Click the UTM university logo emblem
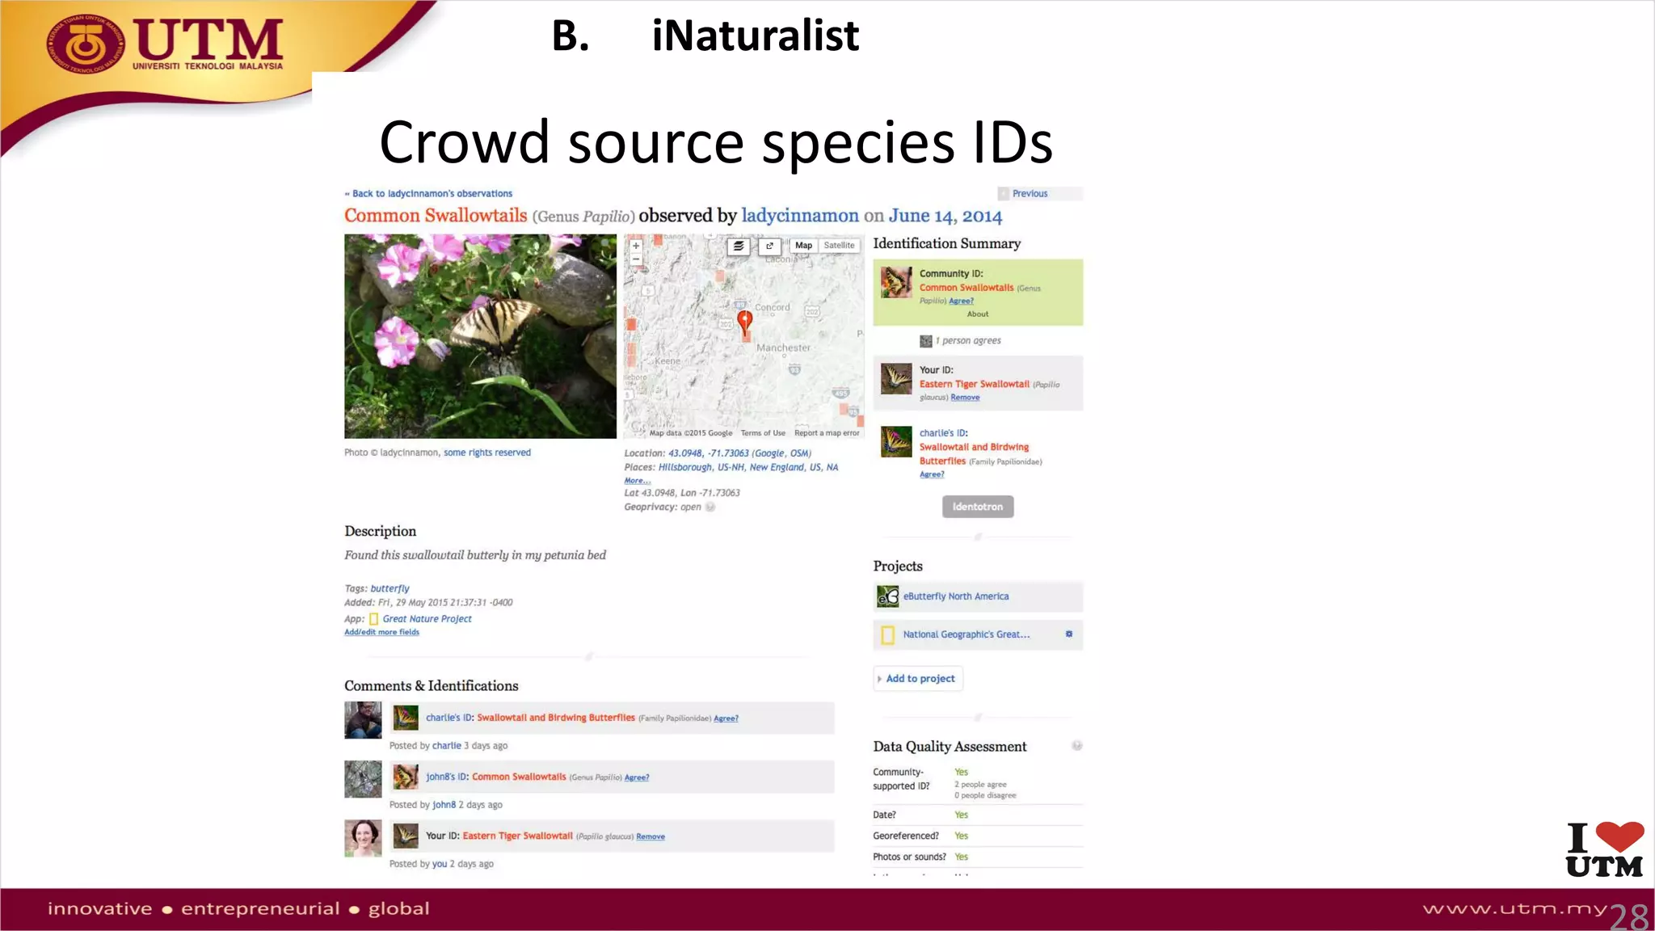(x=86, y=46)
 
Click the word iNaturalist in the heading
(x=755, y=36)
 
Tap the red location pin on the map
(x=744, y=320)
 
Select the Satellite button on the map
(x=839, y=246)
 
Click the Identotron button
(x=977, y=507)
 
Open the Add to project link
(x=920, y=679)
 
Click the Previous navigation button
(x=1029, y=194)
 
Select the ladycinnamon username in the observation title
(x=799, y=216)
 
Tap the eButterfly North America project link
(x=955, y=596)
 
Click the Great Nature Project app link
(x=427, y=619)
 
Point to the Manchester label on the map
(x=782, y=348)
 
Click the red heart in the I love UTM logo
(x=1619, y=836)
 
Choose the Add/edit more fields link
(x=381, y=632)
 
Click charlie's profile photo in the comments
(x=363, y=720)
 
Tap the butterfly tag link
(x=390, y=588)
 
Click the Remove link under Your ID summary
(x=965, y=398)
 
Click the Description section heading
(x=380, y=531)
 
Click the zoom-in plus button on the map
(x=636, y=246)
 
